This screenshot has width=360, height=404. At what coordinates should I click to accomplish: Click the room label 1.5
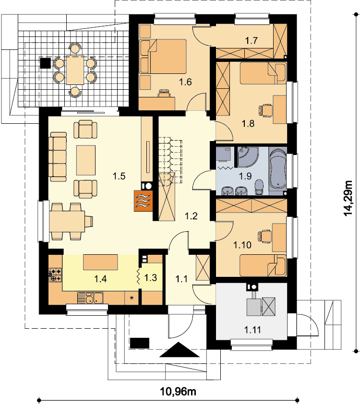pos(119,176)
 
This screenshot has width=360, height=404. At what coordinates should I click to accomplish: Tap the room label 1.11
pos(252,330)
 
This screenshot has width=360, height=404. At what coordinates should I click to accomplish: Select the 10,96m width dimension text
pos(178,392)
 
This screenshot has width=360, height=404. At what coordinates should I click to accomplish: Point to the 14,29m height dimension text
pos(348,198)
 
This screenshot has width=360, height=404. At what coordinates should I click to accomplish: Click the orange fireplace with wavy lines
pos(143,201)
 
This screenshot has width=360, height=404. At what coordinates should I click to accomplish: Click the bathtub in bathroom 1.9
pos(277,169)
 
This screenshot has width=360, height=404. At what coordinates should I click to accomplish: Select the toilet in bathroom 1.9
pos(259,187)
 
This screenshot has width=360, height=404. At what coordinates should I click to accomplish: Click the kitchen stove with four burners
pos(55,275)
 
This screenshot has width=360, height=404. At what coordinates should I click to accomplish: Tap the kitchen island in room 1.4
pos(100,262)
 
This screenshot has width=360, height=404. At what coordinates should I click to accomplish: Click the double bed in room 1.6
pos(163,56)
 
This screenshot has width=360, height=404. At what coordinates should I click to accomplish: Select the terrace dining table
pos(75,70)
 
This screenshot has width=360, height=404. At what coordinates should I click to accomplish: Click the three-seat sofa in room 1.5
pos(58,157)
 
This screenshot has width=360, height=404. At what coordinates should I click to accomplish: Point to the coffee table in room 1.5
pos(86,160)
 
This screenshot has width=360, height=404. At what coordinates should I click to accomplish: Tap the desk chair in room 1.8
pos(265,110)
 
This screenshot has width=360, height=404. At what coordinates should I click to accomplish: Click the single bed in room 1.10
pos(263,265)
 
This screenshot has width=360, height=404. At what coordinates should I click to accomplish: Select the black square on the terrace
pos(45,63)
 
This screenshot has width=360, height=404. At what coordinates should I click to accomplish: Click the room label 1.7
pos(251,40)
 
